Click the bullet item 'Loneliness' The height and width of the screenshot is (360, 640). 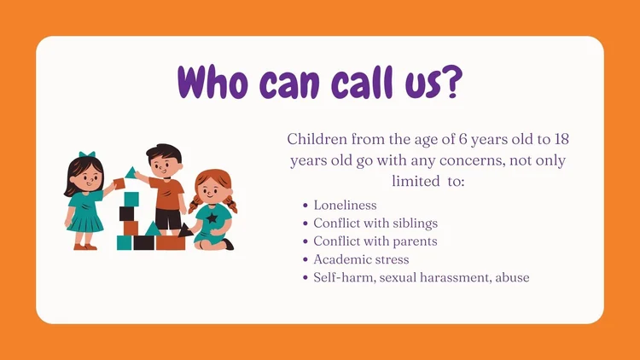tap(345, 206)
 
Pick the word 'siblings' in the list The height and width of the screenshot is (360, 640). tap(410, 224)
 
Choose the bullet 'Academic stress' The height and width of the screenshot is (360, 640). tap(361, 259)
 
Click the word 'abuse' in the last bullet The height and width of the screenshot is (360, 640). tap(509, 277)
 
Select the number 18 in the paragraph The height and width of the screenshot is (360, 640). tap(560, 139)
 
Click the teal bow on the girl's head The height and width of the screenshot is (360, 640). tap(85, 156)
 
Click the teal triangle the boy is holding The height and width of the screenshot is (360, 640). tap(131, 173)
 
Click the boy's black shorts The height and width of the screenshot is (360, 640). tap(168, 219)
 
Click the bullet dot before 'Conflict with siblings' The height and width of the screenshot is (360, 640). tap(305, 224)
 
